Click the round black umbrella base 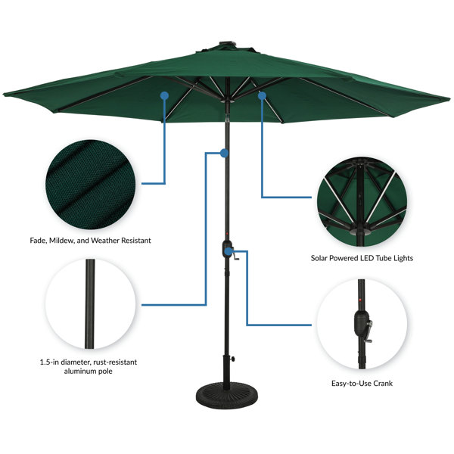tap(227, 395)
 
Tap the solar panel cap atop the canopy tap(228, 44)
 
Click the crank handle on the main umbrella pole tap(235, 257)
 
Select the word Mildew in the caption tap(61, 241)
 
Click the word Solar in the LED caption tap(319, 258)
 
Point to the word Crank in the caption tap(383, 384)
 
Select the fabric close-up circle tap(90, 185)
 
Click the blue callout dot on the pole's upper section tap(224, 153)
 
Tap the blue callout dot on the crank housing tap(229, 251)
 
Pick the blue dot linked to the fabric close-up tap(164, 95)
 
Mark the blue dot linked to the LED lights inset tap(262, 95)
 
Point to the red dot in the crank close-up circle tap(360, 300)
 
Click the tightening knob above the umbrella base tap(232, 359)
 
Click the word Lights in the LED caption tap(403, 258)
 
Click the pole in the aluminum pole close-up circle tap(90, 304)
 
